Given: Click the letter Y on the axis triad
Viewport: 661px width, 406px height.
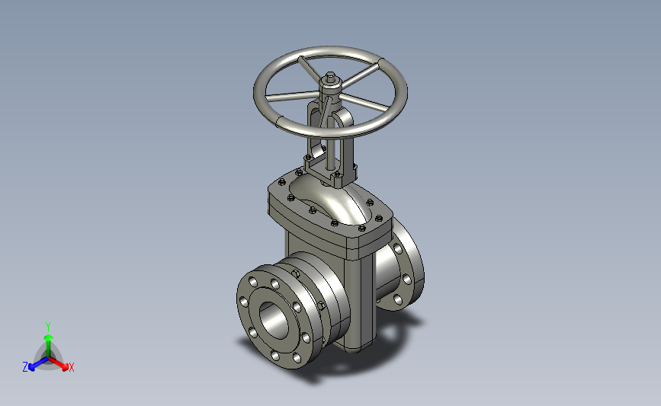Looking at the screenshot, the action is tap(48, 327).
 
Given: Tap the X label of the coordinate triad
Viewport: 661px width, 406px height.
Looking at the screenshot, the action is tap(71, 367).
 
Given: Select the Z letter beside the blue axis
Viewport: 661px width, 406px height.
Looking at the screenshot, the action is tap(25, 367).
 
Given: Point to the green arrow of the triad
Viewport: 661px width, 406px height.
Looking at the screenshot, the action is tap(49, 345).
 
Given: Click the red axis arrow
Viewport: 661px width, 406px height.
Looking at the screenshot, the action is tap(59, 363).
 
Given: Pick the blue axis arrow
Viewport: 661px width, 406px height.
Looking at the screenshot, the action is tap(39, 363).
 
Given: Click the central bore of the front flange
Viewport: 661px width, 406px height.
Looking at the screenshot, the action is tap(273, 319).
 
